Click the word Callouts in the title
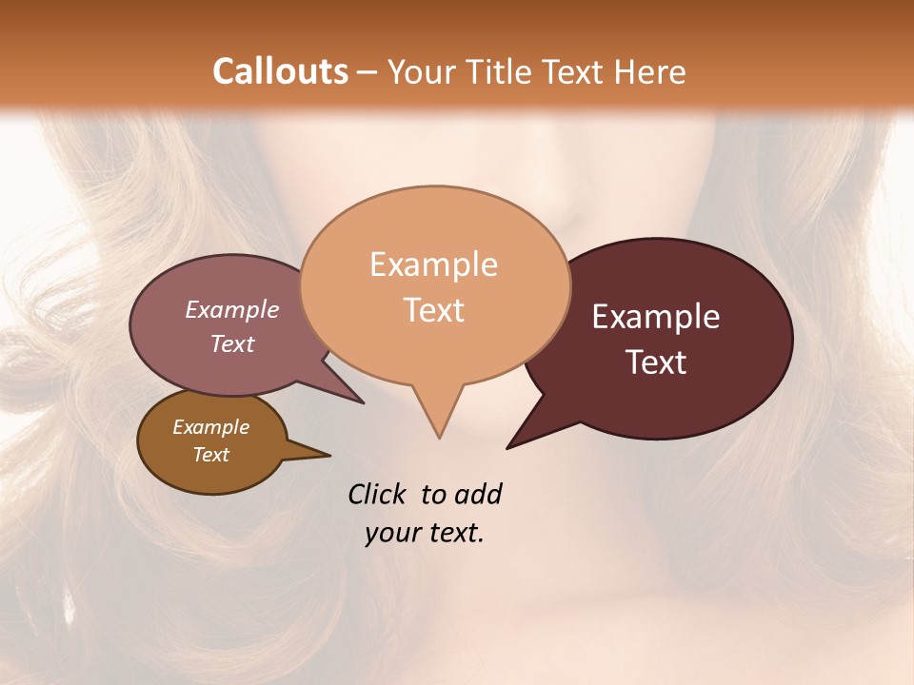click(x=280, y=71)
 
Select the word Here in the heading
click(x=650, y=71)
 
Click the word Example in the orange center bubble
click(x=433, y=264)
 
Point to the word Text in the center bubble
click(x=434, y=310)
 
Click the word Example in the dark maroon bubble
click(x=656, y=317)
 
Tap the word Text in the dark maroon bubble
click(x=657, y=362)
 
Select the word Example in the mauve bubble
click(x=232, y=309)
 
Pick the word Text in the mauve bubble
click(x=232, y=343)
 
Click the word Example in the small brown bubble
click(x=210, y=427)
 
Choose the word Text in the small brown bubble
click(x=210, y=455)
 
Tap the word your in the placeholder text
click(x=391, y=533)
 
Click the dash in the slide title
click(x=368, y=72)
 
